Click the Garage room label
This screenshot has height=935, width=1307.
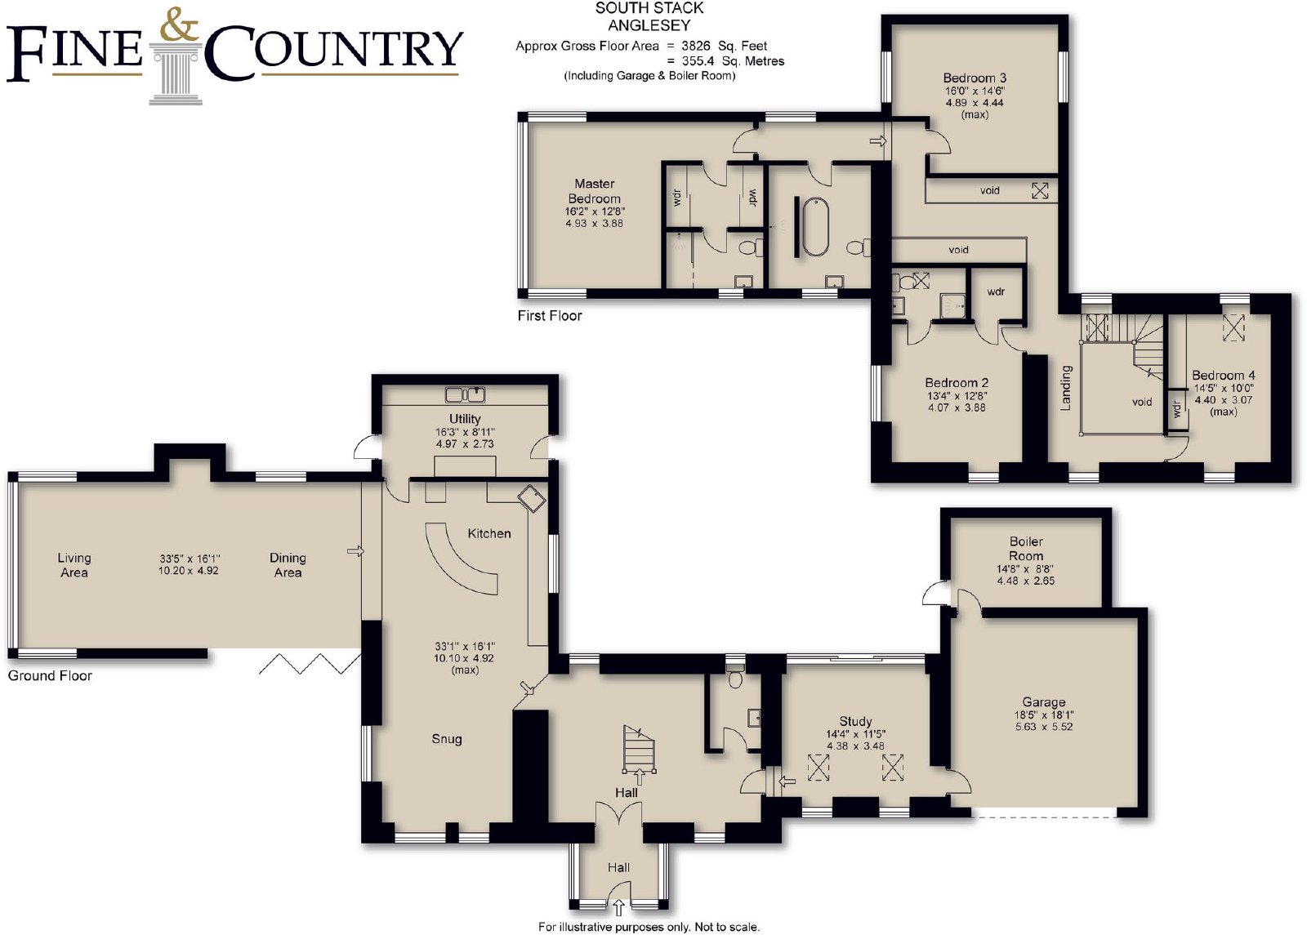point(1044,702)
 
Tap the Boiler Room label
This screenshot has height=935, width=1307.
point(1026,548)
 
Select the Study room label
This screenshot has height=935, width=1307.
point(855,722)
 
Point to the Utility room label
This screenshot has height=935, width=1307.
point(465,419)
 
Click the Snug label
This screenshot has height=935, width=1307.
point(447,739)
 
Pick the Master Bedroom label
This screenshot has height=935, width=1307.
point(595,191)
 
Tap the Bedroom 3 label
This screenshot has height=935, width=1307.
point(975,78)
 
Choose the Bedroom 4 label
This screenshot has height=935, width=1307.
point(1224,375)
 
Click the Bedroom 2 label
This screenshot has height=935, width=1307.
point(957,383)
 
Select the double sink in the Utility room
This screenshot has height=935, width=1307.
point(465,395)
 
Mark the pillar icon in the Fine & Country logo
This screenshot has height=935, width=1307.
point(176,74)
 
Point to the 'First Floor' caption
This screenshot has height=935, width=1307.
point(550,315)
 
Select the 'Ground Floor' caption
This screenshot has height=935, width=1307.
point(50,675)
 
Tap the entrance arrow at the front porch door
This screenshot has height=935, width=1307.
point(619,907)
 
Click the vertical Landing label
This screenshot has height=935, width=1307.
point(1066,388)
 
